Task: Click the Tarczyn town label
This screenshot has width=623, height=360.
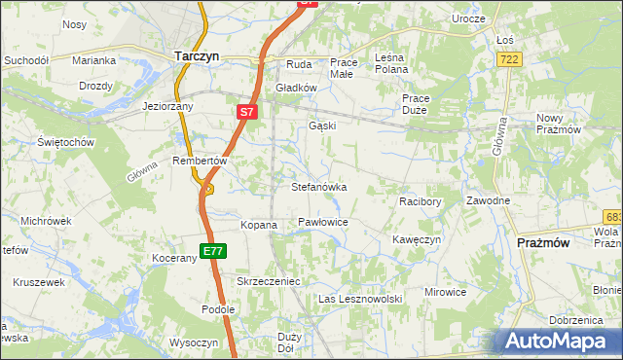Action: pyautogui.click(x=196, y=56)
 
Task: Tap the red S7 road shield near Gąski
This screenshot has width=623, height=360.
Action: pyautogui.click(x=247, y=113)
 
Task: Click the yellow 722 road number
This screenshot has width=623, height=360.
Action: pyautogui.click(x=508, y=60)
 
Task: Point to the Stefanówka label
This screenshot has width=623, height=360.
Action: pyautogui.click(x=319, y=186)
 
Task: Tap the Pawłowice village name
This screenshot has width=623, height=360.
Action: pyautogui.click(x=323, y=223)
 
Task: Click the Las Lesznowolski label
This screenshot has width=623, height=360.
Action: pyautogui.click(x=360, y=299)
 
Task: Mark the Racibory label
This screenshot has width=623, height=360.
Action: pyautogui.click(x=421, y=201)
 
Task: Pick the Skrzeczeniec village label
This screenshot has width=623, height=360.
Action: pyautogui.click(x=267, y=281)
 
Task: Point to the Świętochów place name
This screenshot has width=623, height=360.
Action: pyautogui.click(x=65, y=142)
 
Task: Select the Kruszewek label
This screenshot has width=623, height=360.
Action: pyautogui.click(x=39, y=282)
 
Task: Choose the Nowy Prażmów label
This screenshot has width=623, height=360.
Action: pyautogui.click(x=559, y=124)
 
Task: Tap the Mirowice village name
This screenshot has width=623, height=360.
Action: pyautogui.click(x=445, y=291)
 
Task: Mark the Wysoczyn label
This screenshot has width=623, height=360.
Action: pyautogui.click(x=194, y=342)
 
